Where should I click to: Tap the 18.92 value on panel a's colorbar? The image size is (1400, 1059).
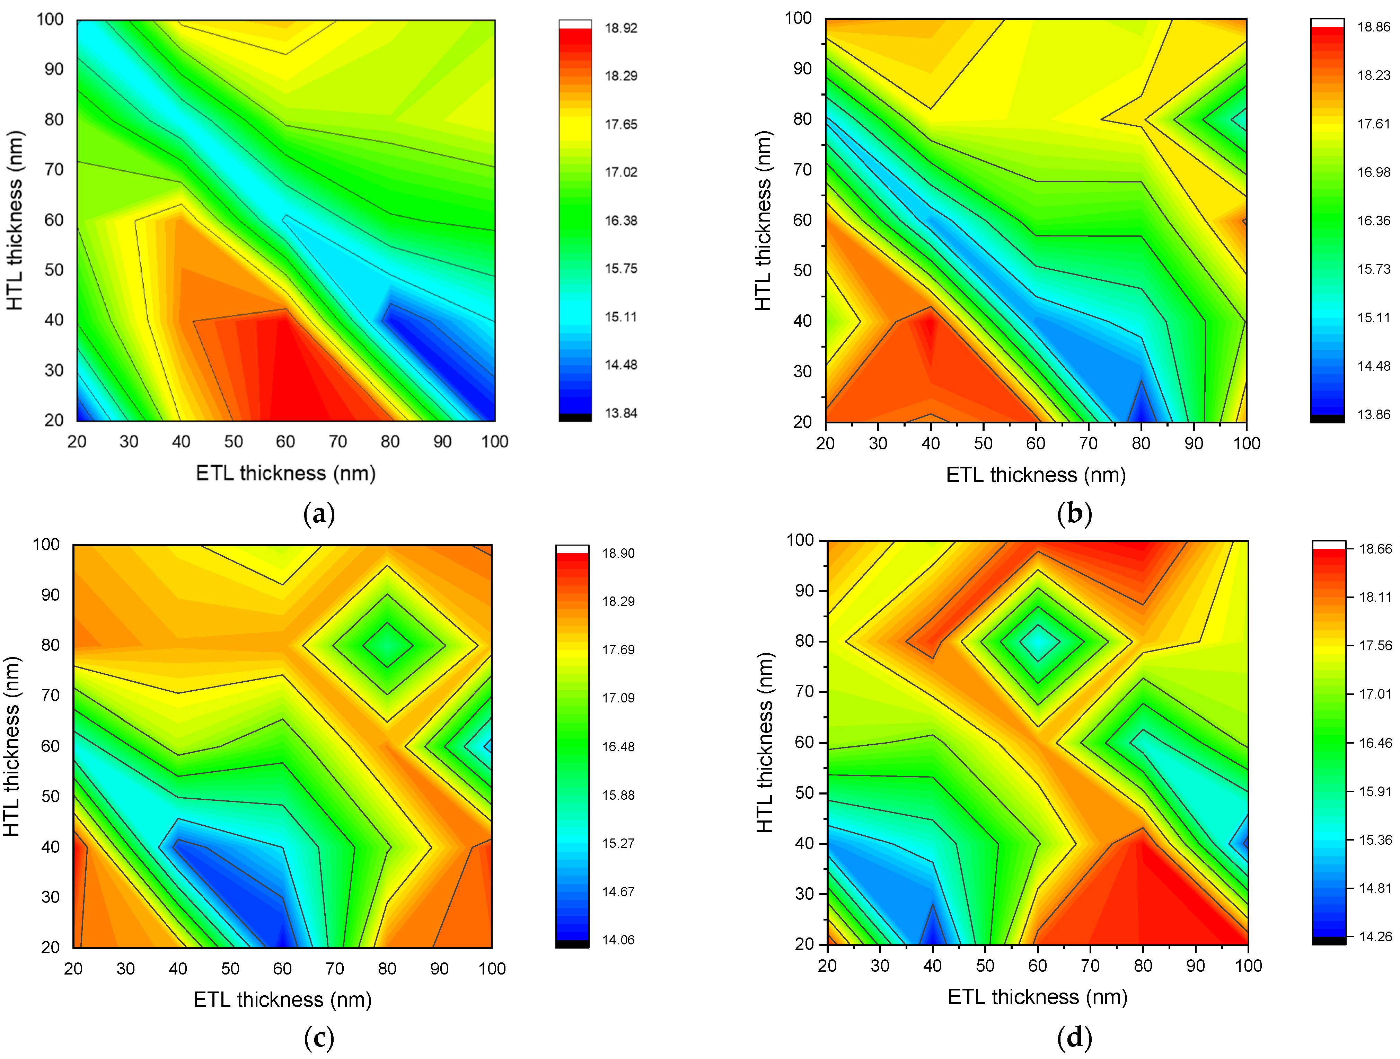[621, 28]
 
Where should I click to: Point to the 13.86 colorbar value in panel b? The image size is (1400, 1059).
[1373, 414]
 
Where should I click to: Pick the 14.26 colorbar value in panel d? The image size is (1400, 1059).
[1375, 936]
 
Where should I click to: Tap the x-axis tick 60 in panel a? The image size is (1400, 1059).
[285, 441]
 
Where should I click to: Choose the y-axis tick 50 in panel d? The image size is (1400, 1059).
[804, 793]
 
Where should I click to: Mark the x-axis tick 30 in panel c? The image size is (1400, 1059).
[125, 969]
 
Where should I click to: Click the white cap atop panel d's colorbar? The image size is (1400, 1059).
[1329, 545]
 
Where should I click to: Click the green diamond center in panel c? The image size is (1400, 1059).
[387, 645]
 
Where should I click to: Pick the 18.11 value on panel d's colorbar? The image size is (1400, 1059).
[1375, 596]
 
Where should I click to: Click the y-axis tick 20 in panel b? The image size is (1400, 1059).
[802, 422]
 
